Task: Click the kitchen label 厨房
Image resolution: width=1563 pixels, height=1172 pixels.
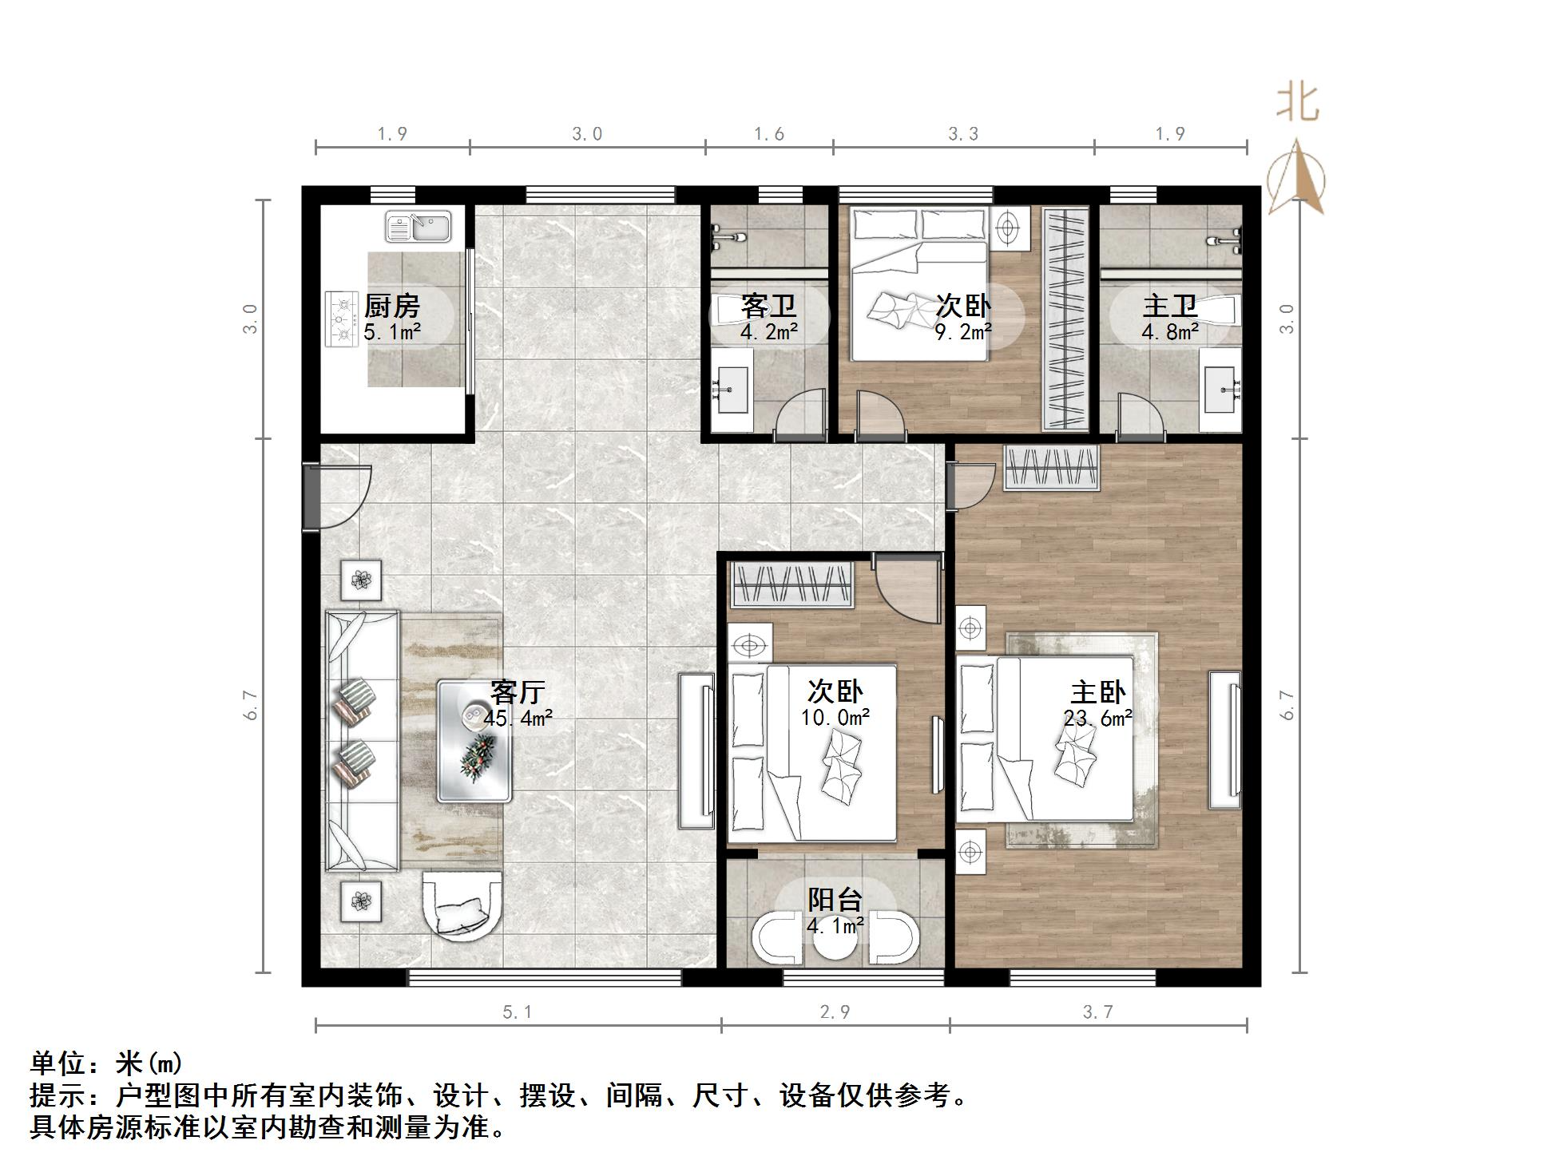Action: click(x=391, y=306)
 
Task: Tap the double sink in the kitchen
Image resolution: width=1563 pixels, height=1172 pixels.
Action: click(x=419, y=226)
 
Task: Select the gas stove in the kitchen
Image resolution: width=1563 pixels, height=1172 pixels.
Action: click(x=342, y=319)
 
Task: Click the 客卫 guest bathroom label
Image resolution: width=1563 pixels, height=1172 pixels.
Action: click(x=768, y=306)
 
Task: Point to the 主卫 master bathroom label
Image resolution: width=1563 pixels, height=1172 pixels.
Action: click(x=1169, y=306)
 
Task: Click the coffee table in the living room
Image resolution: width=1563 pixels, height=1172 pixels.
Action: click(x=474, y=740)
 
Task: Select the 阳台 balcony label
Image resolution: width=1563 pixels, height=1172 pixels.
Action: click(x=835, y=900)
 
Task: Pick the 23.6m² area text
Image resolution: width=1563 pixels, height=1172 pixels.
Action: click(x=1097, y=719)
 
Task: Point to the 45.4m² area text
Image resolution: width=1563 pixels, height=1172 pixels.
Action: click(x=518, y=719)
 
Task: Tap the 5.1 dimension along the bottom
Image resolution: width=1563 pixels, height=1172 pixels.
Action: click(x=517, y=1012)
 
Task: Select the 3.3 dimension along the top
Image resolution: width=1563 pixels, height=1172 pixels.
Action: click(x=963, y=133)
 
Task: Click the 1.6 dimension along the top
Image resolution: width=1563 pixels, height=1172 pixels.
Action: click(x=769, y=133)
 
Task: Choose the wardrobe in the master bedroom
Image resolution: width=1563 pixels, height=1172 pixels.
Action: click(x=1051, y=469)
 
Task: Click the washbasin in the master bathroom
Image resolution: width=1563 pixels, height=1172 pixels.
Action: click(x=1220, y=390)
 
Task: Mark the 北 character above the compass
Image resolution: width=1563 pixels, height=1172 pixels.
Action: click(x=1297, y=103)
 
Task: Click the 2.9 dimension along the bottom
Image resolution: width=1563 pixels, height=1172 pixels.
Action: click(x=835, y=1012)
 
